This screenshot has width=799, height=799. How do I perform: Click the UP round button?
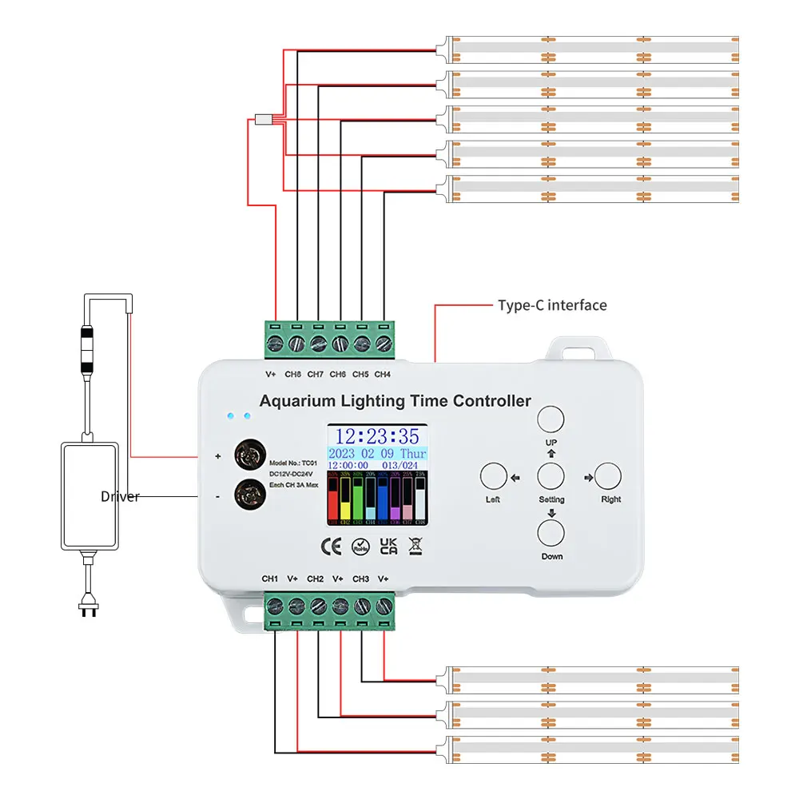(550, 419)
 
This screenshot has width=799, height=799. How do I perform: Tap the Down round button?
(550, 533)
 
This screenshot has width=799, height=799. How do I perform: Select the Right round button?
(608, 476)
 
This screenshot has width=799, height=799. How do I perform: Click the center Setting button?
(550, 476)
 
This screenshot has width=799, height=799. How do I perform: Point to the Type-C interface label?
(552, 305)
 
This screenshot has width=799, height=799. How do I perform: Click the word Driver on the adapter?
(120, 497)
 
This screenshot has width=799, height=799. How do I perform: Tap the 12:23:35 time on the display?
(376, 436)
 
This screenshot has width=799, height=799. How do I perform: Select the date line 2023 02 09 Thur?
(376, 453)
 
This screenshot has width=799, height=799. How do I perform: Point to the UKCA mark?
(388, 547)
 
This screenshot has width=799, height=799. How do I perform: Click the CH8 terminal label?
(293, 374)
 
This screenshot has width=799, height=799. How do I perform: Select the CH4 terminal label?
(383, 374)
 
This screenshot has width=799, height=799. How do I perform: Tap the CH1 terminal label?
(270, 578)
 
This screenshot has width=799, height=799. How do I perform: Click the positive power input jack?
(248, 456)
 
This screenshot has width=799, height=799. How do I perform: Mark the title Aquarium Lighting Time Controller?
(396, 401)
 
